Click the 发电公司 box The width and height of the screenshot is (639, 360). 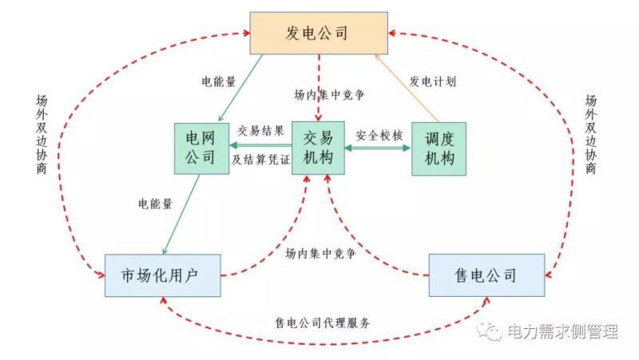[x=318, y=33]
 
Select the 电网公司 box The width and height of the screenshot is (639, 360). [x=197, y=148]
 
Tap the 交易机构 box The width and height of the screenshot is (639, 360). [x=318, y=148]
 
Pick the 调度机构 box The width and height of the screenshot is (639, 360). [x=438, y=148]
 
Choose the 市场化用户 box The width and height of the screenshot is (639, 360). [x=161, y=275]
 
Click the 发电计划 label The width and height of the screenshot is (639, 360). [x=431, y=81]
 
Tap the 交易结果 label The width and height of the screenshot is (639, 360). [x=260, y=131]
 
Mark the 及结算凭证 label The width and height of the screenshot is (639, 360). [x=260, y=158]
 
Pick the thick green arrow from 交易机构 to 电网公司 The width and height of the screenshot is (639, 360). [x=260, y=145]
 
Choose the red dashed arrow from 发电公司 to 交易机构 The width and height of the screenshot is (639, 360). [x=318, y=88]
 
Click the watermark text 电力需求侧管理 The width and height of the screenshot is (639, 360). [x=562, y=331]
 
